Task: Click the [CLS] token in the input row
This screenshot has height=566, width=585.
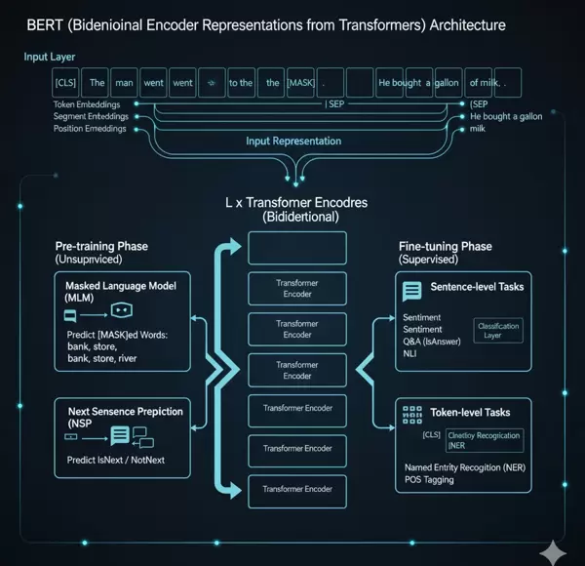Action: (x=66, y=83)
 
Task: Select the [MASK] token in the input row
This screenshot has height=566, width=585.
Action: (x=301, y=83)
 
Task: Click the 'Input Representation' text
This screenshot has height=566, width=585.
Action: (x=293, y=141)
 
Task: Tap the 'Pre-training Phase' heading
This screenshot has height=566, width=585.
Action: (x=102, y=247)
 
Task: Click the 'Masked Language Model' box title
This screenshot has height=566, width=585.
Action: (x=113, y=290)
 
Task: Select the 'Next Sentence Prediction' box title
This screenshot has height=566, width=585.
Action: (x=125, y=412)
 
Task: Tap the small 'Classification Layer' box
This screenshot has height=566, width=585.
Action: (x=497, y=330)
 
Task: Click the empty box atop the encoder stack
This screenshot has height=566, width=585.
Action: (x=297, y=248)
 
